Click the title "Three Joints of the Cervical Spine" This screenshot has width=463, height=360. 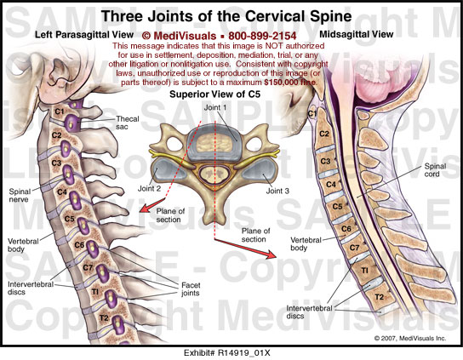click(226, 16)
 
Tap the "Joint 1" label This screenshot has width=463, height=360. click(215, 107)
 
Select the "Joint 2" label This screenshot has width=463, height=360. click(150, 188)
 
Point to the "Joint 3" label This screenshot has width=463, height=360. click(277, 191)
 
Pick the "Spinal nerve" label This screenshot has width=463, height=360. click(19, 195)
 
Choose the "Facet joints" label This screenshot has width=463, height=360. click(191, 289)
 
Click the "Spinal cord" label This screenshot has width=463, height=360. click(435, 170)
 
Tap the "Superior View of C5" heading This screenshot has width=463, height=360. click(215, 94)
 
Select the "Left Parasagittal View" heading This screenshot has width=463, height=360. click(84, 35)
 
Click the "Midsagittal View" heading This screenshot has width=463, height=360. click(357, 34)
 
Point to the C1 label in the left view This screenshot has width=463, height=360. click(60, 111)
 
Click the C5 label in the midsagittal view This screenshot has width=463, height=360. click(337, 206)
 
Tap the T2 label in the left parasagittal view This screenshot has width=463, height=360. click(104, 318)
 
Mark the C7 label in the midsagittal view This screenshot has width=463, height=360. click(354, 248)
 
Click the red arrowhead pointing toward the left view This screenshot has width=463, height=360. click(144, 208)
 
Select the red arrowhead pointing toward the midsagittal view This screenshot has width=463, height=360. click(271, 254)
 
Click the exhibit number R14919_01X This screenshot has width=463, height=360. click(244, 353)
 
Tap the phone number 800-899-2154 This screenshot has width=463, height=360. click(262, 36)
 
